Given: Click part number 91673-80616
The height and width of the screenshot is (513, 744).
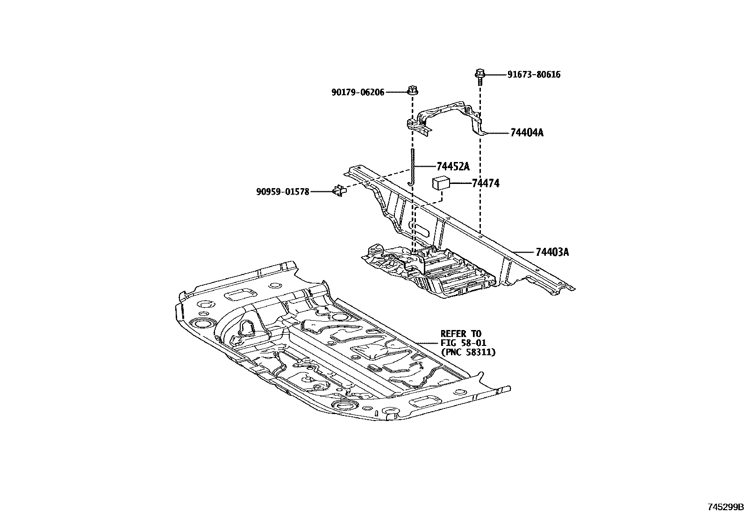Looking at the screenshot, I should pos(534,75).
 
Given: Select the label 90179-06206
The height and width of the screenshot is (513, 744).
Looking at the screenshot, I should pos(358,92).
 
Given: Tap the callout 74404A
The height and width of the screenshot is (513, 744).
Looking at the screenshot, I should pos(527,133).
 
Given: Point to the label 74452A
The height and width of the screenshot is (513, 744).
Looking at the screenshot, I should pos(453,167).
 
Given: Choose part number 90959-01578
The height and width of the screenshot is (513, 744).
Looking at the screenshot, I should pos(283,191).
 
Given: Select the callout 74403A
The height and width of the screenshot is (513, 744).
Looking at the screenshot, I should pos(552,253).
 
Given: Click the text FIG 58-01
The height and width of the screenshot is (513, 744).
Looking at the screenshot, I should pos(464,343).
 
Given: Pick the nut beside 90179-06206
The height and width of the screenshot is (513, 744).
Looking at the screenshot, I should pos(412,90).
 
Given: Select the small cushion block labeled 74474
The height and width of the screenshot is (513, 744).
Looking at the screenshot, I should pos(441,183).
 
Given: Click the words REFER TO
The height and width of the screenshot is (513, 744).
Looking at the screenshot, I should pos(460,334).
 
